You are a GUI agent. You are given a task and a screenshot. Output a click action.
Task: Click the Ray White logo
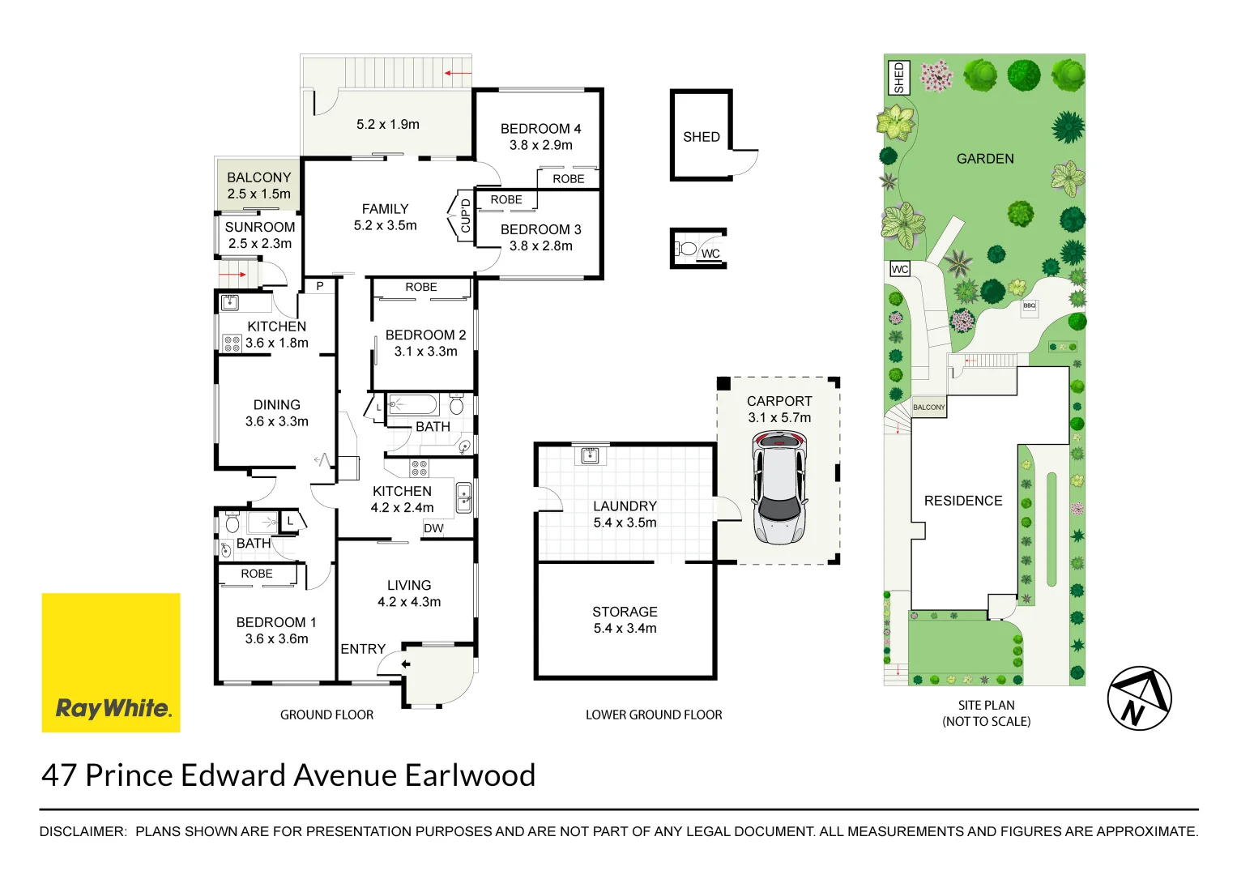(111, 663)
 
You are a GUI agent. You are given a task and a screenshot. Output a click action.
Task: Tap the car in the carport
(778, 488)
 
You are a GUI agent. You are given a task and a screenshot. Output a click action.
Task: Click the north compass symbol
(1138, 698)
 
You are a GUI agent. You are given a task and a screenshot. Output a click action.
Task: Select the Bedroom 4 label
(540, 129)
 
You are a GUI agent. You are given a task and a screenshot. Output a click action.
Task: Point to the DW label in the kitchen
(433, 528)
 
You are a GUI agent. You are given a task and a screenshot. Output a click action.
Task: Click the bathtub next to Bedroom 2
(412, 404)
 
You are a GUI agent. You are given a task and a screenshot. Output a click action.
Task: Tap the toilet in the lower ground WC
(688, 249)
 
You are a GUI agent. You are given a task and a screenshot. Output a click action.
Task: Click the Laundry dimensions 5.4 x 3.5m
(625, 523)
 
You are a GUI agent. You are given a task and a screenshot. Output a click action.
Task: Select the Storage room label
(625, 612)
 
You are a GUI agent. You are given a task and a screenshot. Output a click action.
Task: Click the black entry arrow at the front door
(405, 664)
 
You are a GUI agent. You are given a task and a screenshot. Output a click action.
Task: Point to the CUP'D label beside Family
(466, 216)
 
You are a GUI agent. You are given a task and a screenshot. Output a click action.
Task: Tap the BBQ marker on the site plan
(1029, 306)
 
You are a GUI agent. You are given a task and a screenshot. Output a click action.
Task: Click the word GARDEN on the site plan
(984, 159)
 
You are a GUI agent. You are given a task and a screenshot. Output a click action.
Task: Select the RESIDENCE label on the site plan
(962, 501)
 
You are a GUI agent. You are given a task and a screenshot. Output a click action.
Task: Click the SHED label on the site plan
(898, 78)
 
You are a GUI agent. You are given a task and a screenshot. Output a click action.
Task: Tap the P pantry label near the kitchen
(320, 286)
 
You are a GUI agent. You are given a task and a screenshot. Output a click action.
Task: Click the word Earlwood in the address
(470, 775)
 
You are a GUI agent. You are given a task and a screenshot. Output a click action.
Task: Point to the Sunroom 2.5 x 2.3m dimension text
(259, 244)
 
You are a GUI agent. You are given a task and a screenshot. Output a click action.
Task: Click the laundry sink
(590, 455)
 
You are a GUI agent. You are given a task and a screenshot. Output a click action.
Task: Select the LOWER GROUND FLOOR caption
(654, 715)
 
